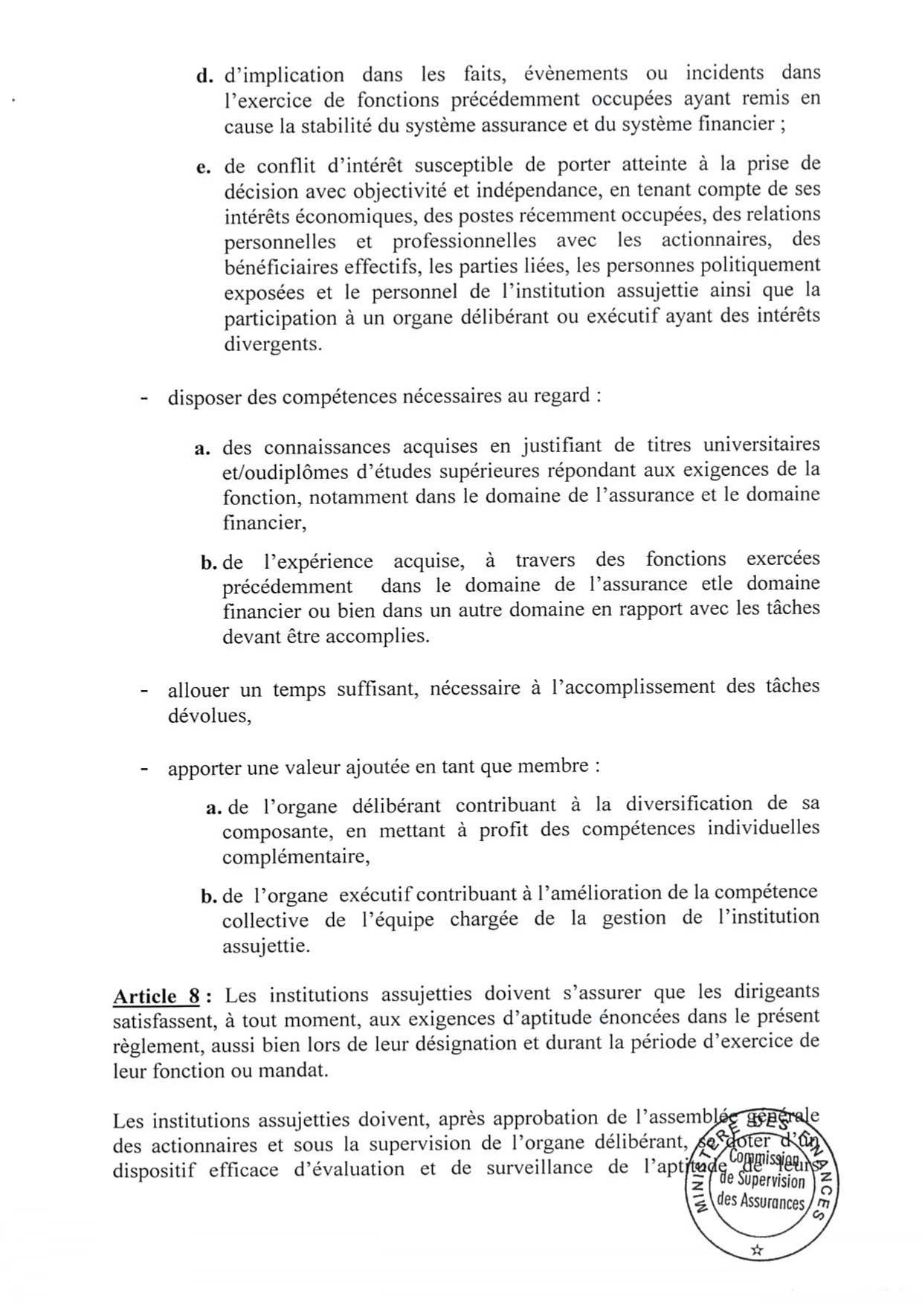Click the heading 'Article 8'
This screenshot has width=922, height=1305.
[x=155, y=996]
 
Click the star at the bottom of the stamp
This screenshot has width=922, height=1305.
[x=757, y=1249]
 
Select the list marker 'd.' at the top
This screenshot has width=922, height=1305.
[x=205, y=77]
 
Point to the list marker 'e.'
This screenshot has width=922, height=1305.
[x=204, y=167]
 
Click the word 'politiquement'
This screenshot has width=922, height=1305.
[x=768, y=265]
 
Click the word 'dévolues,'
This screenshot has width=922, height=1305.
[x=209, y=715]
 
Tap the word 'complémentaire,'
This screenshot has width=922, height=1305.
[x=296, y=856]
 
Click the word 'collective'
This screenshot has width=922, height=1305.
[x=265, y=920]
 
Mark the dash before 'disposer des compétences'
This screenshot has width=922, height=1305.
[x=144, y=398]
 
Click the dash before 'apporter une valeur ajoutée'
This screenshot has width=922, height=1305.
[x=144, y=768]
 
